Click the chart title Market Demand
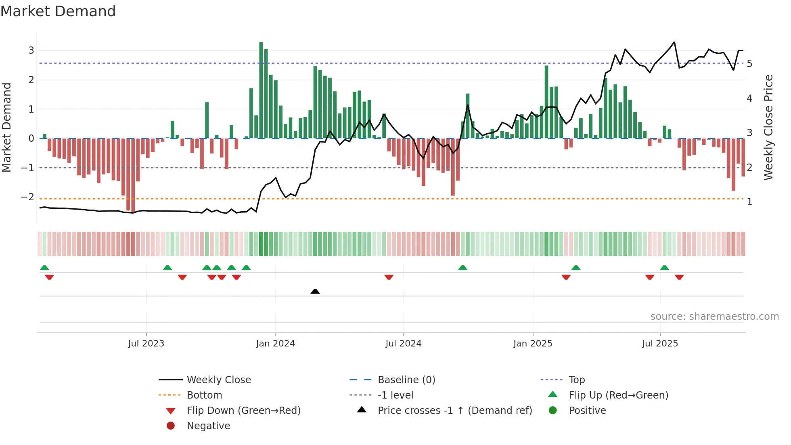pos(58,11)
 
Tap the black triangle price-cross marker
pos(315,291)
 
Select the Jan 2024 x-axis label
pos(275,344)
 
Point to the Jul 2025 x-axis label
pos(660,344)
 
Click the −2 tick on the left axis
pos(27,197)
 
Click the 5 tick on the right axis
pos(749,64)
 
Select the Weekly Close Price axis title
pos(768,127)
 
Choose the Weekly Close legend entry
pos(218,380)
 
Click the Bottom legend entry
pos(204,395)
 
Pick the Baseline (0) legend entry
pos(406,380)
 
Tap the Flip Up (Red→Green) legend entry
pos(618,395)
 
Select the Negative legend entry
pos(208,426)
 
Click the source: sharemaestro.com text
pos(714,317)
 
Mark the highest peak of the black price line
pos(674,42)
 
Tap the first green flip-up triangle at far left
pos(44,268)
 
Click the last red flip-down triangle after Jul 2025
pos(679,277)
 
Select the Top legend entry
pos(576,380)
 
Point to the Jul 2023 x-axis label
pos(146,344)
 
